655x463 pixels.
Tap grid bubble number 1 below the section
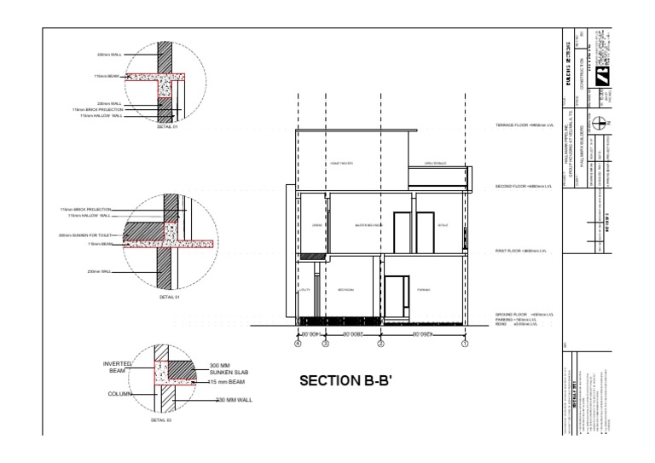tap(465, 344)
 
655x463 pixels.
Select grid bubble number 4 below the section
tap(298, 344)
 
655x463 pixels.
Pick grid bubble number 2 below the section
tap(381, 344)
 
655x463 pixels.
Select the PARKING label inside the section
tap(423, 290)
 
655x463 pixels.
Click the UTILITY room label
tap(303, 290)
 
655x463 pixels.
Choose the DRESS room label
tap(316, 225)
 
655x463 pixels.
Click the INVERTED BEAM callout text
tap(118, 368)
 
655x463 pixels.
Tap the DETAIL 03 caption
tap(161, 420)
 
